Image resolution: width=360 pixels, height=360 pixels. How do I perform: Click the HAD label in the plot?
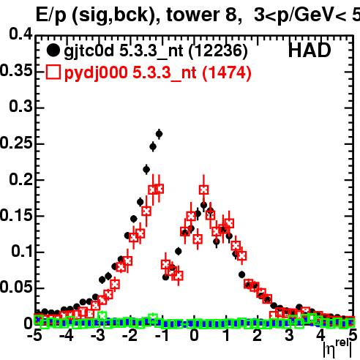(310, 50)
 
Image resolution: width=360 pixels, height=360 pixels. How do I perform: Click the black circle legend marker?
(53, 50)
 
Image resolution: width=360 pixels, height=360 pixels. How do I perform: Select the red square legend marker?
(53, 72)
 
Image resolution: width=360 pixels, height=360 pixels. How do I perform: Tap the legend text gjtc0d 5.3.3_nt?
(124, 51)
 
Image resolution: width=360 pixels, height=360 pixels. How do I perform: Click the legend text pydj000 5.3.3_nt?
(130, 73)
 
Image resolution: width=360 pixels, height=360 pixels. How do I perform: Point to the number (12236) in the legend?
(218, 51)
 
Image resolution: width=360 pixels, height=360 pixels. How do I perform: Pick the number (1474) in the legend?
(227, 72)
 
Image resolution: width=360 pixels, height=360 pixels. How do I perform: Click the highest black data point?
(159, 134)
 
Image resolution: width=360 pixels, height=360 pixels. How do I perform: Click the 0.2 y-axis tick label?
(21, 179)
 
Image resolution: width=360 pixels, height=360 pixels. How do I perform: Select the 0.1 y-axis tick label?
(22, 251)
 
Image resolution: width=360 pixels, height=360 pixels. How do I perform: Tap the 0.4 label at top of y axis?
(21, 34)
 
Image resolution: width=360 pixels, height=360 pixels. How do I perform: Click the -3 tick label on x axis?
(98, 336)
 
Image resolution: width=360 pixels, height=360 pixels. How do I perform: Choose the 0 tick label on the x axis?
(194, 336)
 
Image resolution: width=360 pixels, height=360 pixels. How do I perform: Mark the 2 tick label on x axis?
(258, 336)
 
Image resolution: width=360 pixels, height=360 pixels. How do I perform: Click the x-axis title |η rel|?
(338, 348)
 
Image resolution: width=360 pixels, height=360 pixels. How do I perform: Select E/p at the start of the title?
(51, 16)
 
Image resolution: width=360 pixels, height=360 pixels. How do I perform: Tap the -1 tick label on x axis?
(162, 336)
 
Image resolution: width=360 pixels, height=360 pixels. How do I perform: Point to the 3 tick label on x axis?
(289, 336)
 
